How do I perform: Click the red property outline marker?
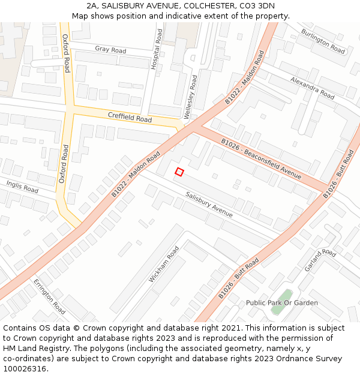tap(179, 172)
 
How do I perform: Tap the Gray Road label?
tap(110, 49)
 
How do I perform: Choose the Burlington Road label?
tap(323, 41)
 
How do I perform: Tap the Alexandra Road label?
tap(312, 88)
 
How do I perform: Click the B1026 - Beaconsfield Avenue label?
tap(260, 159)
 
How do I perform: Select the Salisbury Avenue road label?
tap(209, 204)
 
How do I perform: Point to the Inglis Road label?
tap(22, 186)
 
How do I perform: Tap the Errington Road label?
tap(49, 296)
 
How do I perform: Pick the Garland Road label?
tap(320, 260)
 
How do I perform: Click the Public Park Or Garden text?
tap(282, 303)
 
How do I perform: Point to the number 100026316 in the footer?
tap(25, 369)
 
